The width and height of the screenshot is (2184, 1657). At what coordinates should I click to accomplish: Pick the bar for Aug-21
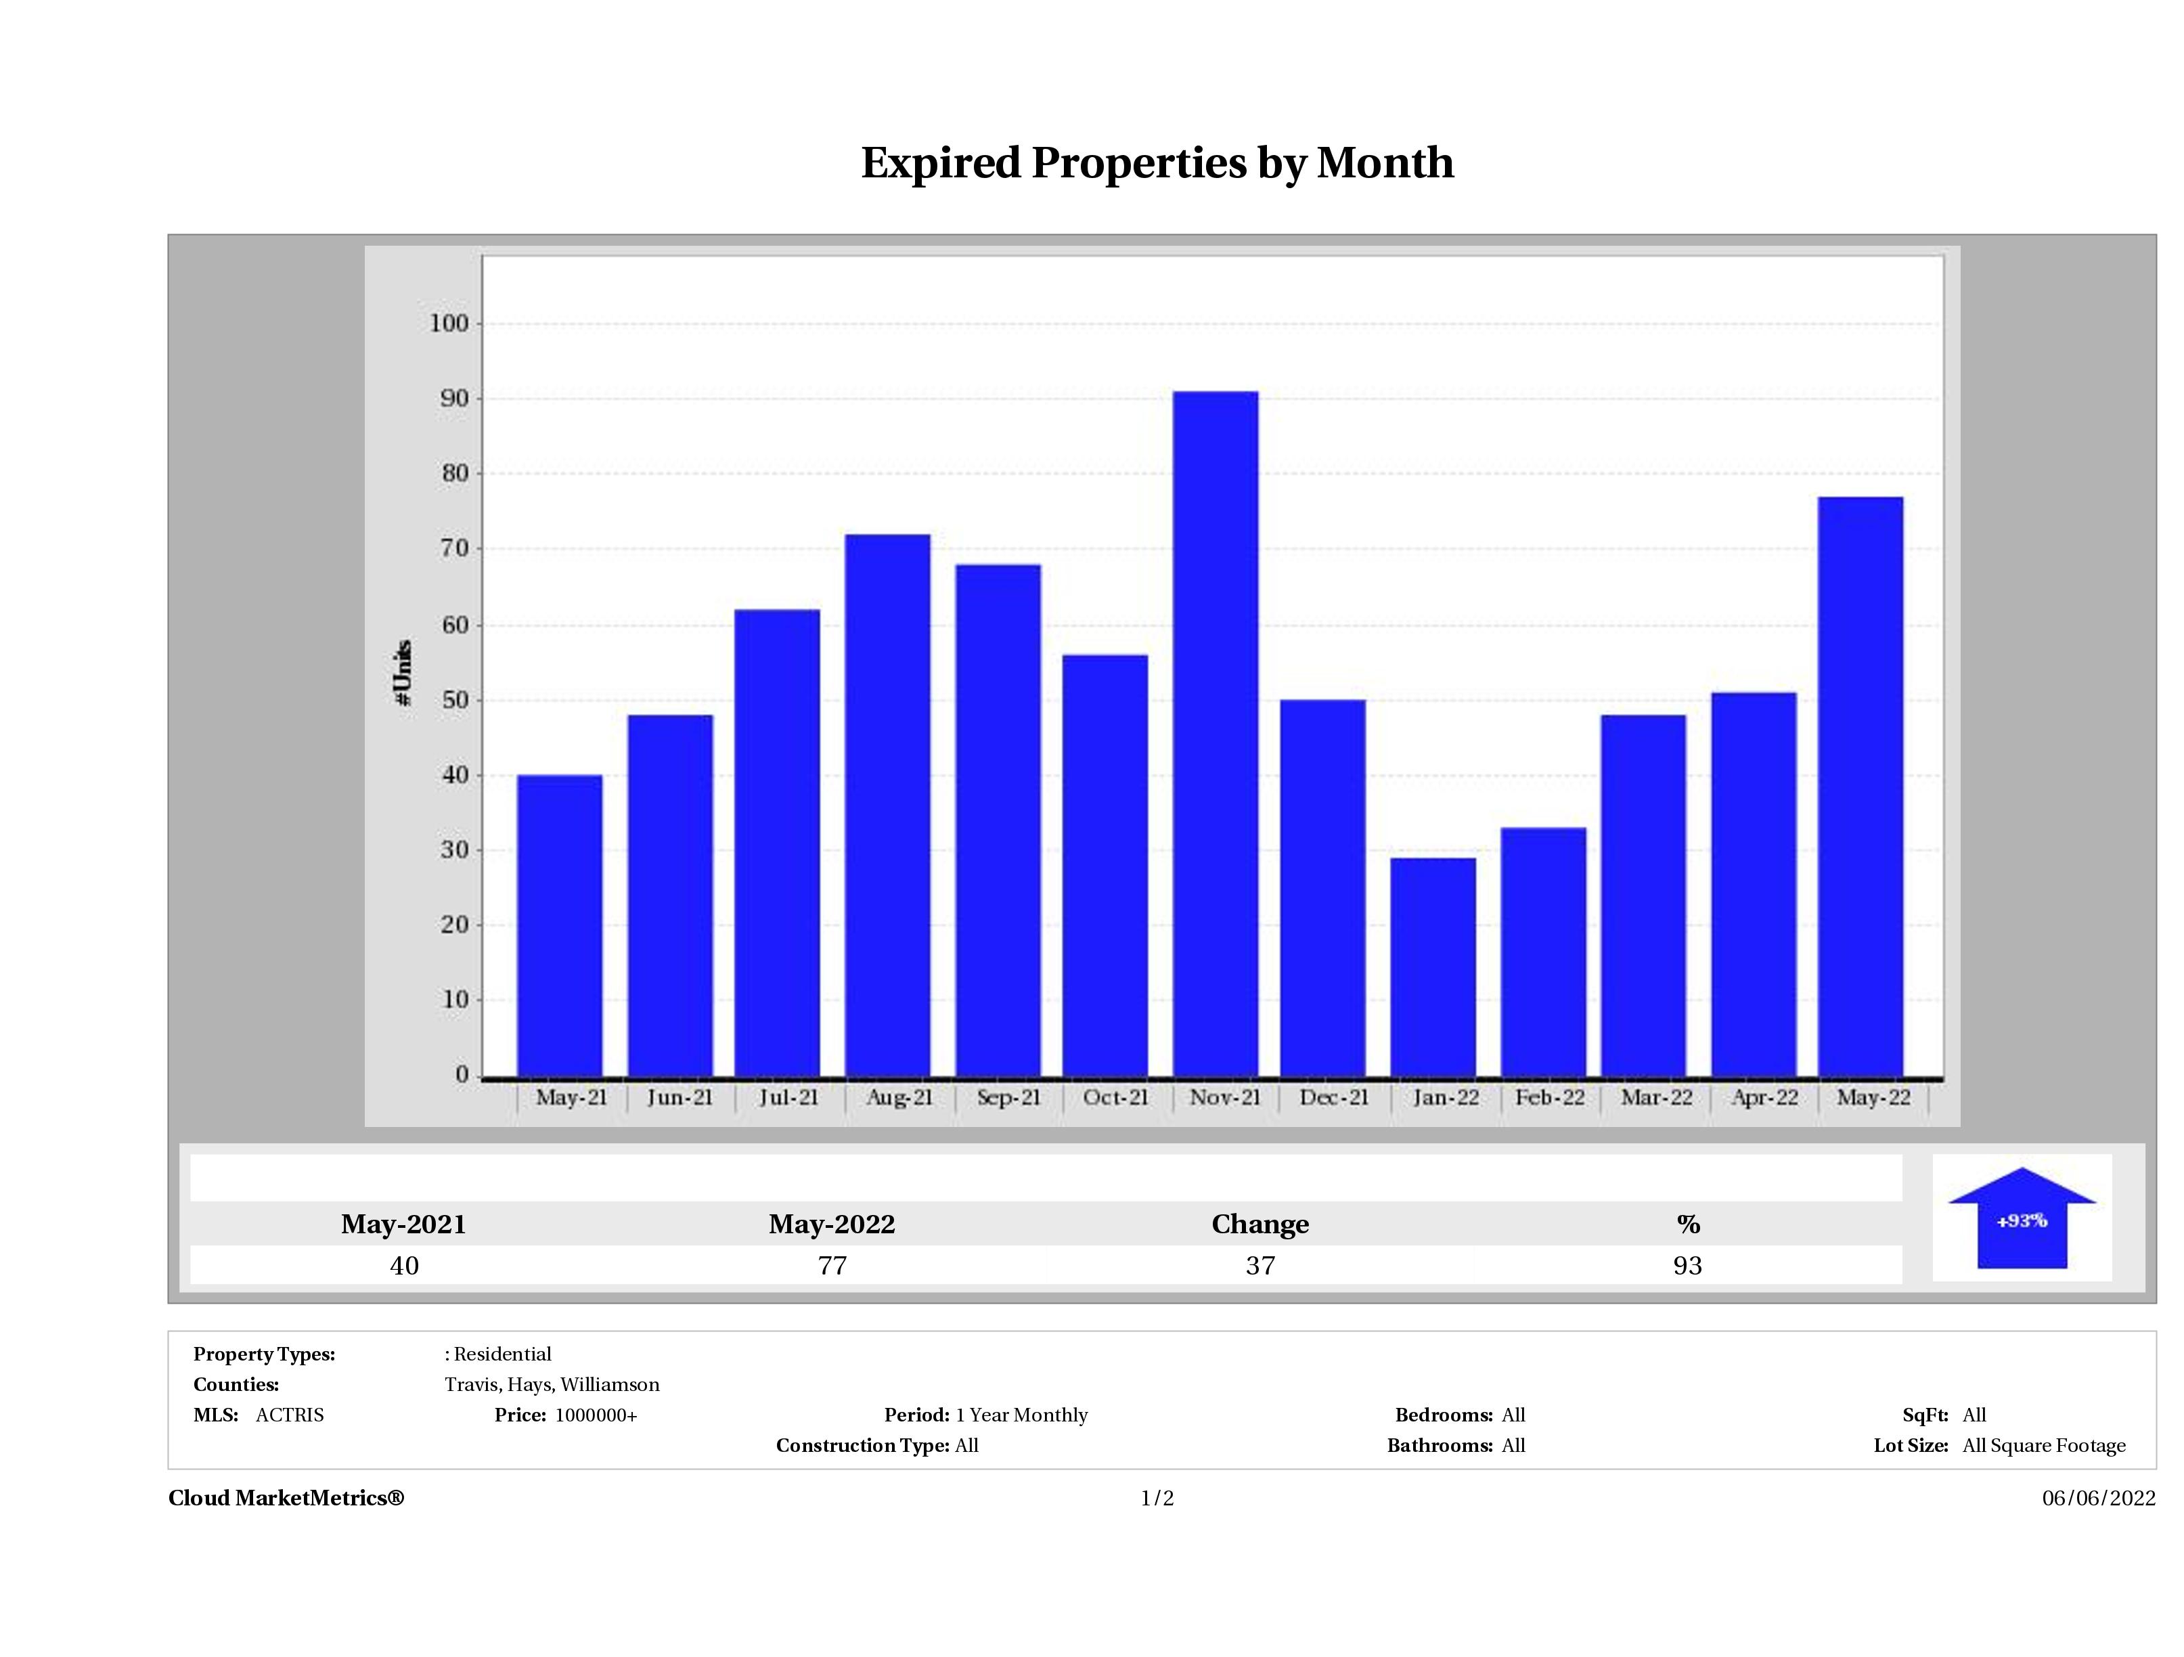888,805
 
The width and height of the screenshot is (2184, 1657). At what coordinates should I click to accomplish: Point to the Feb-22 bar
1543,952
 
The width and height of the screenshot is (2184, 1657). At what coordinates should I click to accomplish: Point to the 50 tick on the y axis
455,700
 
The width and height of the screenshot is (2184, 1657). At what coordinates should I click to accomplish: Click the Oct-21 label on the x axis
1116,1098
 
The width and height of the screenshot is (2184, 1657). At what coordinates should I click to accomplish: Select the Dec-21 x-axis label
1334,1098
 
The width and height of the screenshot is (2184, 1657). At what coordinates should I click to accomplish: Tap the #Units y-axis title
403,672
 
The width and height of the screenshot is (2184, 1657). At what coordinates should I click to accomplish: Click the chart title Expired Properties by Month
1157,163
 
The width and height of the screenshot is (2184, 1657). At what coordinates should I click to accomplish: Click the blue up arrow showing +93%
2021,1220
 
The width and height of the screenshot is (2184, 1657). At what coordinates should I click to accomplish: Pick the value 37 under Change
1260,1266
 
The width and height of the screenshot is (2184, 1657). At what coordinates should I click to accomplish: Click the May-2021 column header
404,1224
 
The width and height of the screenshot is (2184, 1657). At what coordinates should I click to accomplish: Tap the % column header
1687,1224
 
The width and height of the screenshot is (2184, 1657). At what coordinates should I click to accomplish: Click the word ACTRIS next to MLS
289,1415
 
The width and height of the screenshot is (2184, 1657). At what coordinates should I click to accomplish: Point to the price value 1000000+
596,1415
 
